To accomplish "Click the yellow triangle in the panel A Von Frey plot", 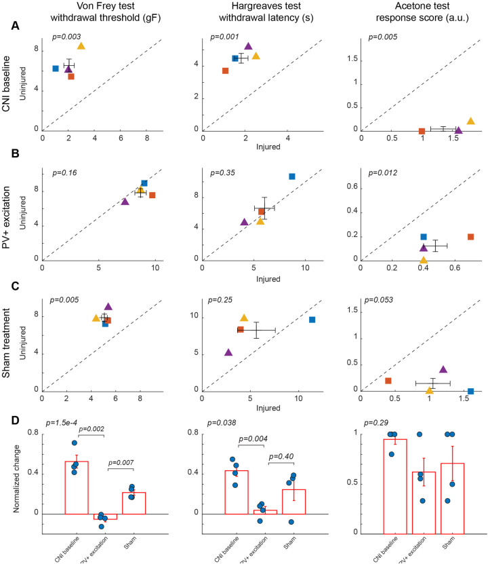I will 81,46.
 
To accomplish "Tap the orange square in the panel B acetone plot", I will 470,237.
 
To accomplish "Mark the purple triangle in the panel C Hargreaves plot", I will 228,352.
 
